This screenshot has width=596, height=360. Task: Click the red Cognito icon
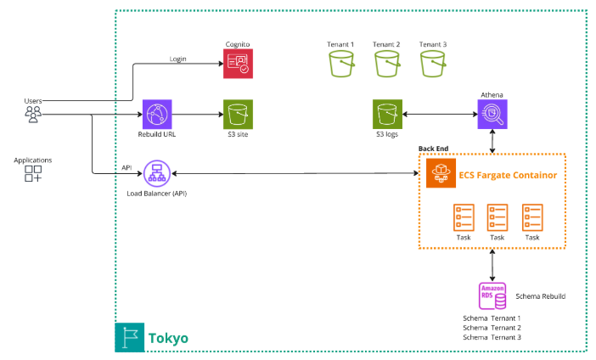238,64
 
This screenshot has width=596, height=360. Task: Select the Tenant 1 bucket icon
340,65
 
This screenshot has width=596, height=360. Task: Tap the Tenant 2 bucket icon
386,65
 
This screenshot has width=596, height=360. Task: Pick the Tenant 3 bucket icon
433,65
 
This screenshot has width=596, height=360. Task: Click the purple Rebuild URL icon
157,114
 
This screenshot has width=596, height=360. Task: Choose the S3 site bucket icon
238,114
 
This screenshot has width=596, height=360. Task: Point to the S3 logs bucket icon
386,114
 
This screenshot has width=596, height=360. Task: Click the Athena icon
493,113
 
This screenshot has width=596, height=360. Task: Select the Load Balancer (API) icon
157,174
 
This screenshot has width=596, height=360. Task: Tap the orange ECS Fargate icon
441,173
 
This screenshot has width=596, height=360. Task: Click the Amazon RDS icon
493,296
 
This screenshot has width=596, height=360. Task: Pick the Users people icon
33,114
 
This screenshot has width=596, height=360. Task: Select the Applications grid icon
33,174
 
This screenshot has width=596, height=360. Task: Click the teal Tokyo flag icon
130,337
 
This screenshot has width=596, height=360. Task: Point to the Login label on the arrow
178,59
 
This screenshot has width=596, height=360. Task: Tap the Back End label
433,149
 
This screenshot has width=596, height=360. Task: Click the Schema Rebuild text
540,296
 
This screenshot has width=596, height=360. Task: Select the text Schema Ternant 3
492,337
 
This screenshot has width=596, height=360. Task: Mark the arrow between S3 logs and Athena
440,114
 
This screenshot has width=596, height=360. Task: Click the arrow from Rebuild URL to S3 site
197,114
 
